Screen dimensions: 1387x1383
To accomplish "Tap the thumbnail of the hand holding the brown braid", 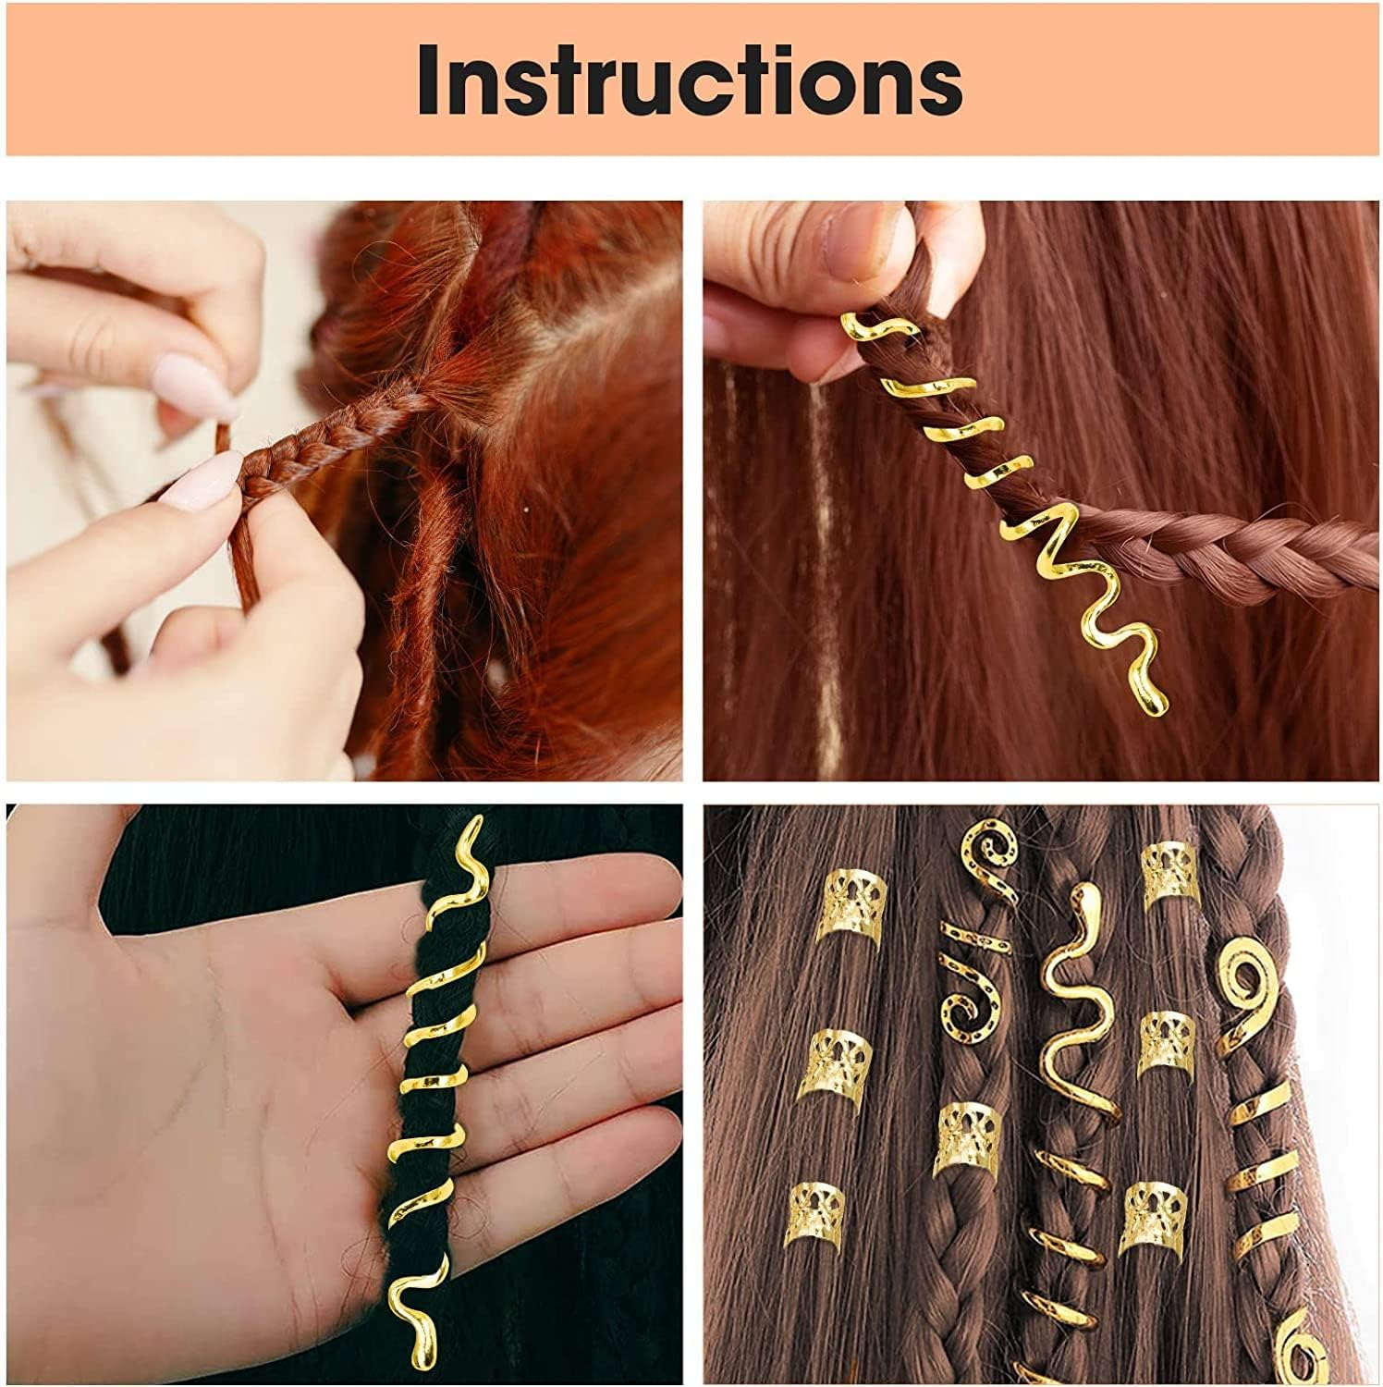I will pos(1042,490).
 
